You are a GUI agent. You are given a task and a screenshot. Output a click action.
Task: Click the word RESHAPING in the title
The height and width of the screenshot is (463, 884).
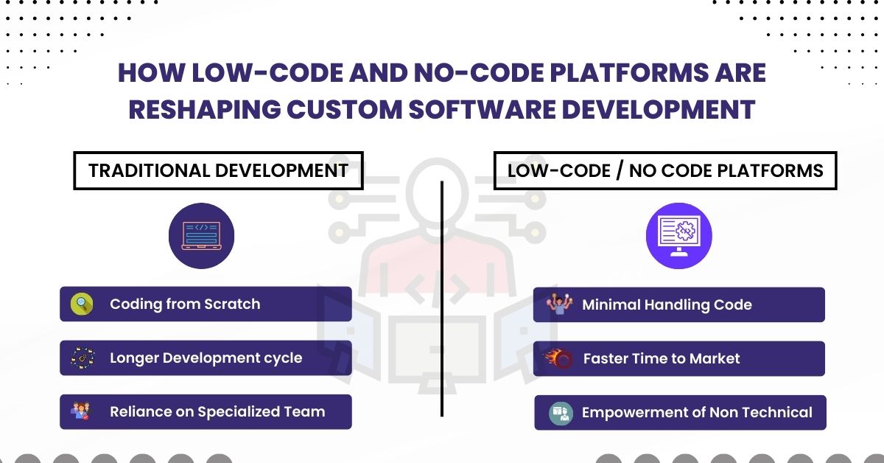coord(205,110)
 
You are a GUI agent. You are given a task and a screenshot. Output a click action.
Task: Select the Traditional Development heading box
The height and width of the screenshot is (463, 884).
coord(218,170)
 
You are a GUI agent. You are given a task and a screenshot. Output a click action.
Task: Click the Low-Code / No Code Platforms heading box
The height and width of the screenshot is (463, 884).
coord(665,170)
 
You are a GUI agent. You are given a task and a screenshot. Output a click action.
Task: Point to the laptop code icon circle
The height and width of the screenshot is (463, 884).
coord(201,236)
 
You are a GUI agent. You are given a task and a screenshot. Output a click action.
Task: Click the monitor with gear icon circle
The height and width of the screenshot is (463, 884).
coord(678,236)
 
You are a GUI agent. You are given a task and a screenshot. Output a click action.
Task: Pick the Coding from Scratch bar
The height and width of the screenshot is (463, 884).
coord(206,304)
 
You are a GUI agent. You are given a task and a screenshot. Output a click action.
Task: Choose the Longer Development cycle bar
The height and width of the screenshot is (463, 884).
coord(206,358)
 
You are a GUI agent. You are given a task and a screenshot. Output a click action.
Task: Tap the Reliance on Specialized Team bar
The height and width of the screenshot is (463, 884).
coord(206,411)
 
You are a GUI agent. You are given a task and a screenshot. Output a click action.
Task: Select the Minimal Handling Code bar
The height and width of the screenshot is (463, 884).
coord(678,304)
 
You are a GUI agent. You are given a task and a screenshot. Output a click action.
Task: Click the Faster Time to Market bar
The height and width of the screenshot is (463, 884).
coord(678,358)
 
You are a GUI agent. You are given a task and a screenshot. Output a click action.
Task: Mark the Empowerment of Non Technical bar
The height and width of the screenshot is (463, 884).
coord(680,412)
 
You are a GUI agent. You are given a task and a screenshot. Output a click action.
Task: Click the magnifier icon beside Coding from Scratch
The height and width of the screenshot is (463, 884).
coord(82,304)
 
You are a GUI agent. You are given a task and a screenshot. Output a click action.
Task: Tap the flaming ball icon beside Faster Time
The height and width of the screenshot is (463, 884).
coord(558,358)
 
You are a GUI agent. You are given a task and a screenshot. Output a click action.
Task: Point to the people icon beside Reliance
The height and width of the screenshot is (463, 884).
coord(81,411)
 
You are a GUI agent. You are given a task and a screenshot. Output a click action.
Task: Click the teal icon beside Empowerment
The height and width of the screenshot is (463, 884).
coord(561,413)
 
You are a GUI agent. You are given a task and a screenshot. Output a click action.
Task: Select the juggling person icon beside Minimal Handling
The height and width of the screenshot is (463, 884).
coord(559,304)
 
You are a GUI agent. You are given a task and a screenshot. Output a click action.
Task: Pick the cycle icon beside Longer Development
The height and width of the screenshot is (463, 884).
coord(83,358)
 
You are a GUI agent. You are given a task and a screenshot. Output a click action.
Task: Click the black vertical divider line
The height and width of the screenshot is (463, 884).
coord(442,299)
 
